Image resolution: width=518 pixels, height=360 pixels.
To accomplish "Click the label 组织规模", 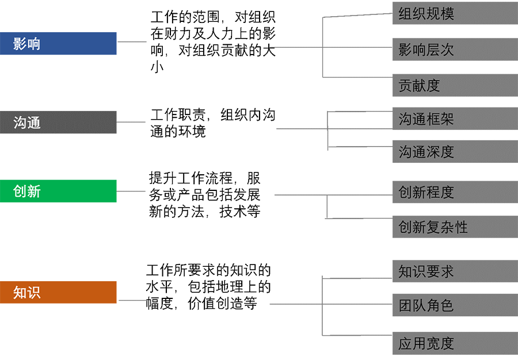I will [x=426, y=14].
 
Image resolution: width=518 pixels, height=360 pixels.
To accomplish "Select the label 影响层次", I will [x=426, y=50].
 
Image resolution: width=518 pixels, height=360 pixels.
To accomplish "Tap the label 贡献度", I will [x=419, y=86].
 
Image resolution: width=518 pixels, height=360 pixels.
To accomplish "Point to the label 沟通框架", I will [x=426, y=119].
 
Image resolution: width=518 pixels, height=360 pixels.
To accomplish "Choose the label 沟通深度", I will [x=426, y=152].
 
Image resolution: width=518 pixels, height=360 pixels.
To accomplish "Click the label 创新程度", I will [x=426, y=192].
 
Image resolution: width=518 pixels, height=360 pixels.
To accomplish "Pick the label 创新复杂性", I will [x=433, y=227].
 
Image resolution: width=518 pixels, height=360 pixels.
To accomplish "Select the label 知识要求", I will [x=426, y=271].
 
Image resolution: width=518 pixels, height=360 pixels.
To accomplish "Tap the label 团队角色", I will [x=426, y=305].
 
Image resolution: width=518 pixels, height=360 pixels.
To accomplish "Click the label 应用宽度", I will [x=426, y=344].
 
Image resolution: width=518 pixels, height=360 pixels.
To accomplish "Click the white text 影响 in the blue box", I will [x=27, y=44].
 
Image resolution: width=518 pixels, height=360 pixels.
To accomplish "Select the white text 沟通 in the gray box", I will [x=27, y=122].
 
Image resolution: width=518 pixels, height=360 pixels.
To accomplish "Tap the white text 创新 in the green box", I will [x=27, y=192].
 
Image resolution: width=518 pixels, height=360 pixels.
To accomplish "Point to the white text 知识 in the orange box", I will [x=27, y=293].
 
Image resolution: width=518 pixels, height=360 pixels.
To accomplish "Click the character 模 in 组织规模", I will [x=447, y=14].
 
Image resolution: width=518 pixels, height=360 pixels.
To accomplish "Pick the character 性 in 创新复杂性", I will [x=461, y=227].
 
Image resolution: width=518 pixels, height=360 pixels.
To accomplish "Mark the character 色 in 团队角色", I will [x=447, y=305].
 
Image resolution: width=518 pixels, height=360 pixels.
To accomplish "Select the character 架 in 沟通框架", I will [x=447, y=119].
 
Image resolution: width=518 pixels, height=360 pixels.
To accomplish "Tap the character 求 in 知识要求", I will [x=447, y=271].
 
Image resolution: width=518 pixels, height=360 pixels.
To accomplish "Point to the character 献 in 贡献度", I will [x=419, y=86].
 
